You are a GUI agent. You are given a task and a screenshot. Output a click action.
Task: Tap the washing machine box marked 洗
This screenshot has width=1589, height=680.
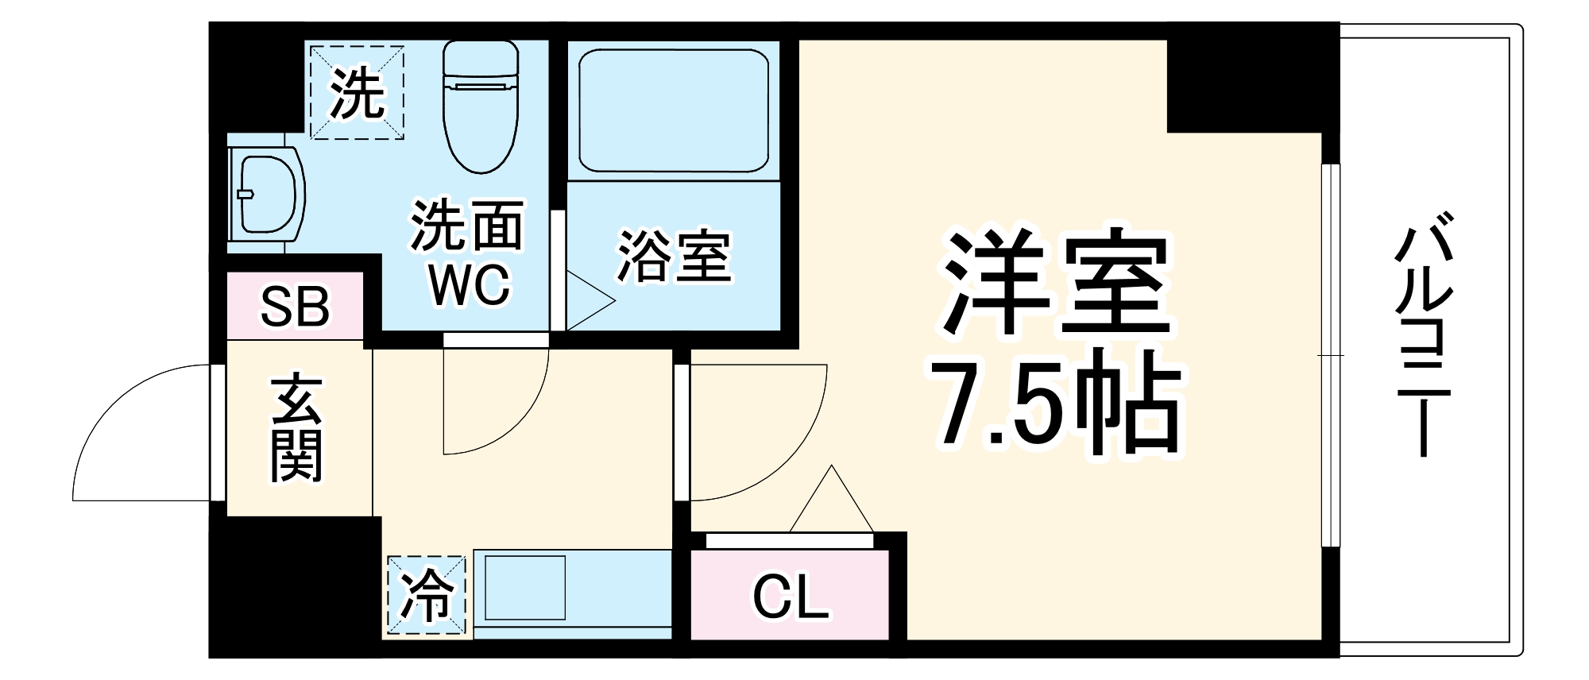coord(357,93)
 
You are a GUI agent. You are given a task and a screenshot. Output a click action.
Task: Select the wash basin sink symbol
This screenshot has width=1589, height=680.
coord(266,194)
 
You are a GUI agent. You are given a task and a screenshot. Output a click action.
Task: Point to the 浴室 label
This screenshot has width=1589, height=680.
coord(674,256)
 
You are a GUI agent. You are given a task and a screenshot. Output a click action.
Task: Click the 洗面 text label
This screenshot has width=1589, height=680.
coord(467,226)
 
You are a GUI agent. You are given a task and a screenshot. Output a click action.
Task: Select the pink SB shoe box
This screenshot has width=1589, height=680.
coord(295,306)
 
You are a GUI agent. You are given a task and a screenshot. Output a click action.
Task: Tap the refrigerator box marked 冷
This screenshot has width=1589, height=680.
coord(426,596)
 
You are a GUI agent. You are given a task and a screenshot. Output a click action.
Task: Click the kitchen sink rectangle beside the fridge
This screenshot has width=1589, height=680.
coord(524,588)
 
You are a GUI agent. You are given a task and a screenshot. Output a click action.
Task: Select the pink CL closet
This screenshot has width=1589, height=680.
coord(789,596)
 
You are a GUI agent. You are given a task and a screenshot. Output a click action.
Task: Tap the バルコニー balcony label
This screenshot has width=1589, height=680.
coord(1425,334)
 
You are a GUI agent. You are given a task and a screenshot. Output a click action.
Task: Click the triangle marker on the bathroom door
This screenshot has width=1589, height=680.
coord(588,300)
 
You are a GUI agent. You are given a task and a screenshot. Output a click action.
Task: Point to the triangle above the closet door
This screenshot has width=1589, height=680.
coord(832,500)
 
